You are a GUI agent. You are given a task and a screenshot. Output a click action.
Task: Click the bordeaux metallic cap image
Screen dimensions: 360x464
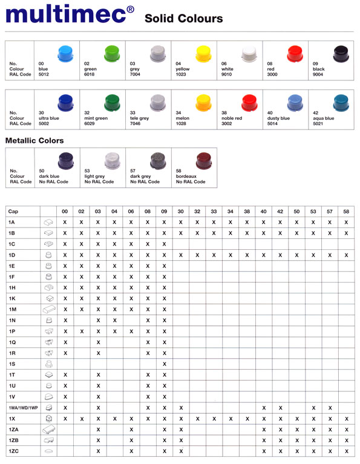[x=201, y=160]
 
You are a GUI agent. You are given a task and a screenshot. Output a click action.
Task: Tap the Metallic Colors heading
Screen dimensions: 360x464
[x=34, y=140]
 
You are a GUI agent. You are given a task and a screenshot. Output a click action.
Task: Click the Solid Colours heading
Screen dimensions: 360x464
[x=183, y=19]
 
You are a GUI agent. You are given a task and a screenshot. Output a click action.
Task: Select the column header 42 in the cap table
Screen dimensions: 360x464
[x=280, y=211]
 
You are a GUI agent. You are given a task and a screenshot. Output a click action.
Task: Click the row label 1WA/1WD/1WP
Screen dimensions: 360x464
[x=23, y=407]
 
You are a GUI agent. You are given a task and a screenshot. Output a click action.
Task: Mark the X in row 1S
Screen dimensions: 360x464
[x=164, y=364]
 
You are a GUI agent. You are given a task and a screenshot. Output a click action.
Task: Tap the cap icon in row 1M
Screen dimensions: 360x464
[x=49, y=309]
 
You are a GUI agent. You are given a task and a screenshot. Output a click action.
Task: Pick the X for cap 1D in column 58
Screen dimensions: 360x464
[x=346, y=255]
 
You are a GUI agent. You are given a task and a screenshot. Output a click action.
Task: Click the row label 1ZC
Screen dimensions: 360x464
[x=12, y=451]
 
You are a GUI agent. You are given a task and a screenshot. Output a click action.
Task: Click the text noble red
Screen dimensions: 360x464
[x=232, y=118]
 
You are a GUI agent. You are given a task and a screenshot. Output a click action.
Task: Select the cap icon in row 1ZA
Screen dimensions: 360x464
[x=49, y=429]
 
